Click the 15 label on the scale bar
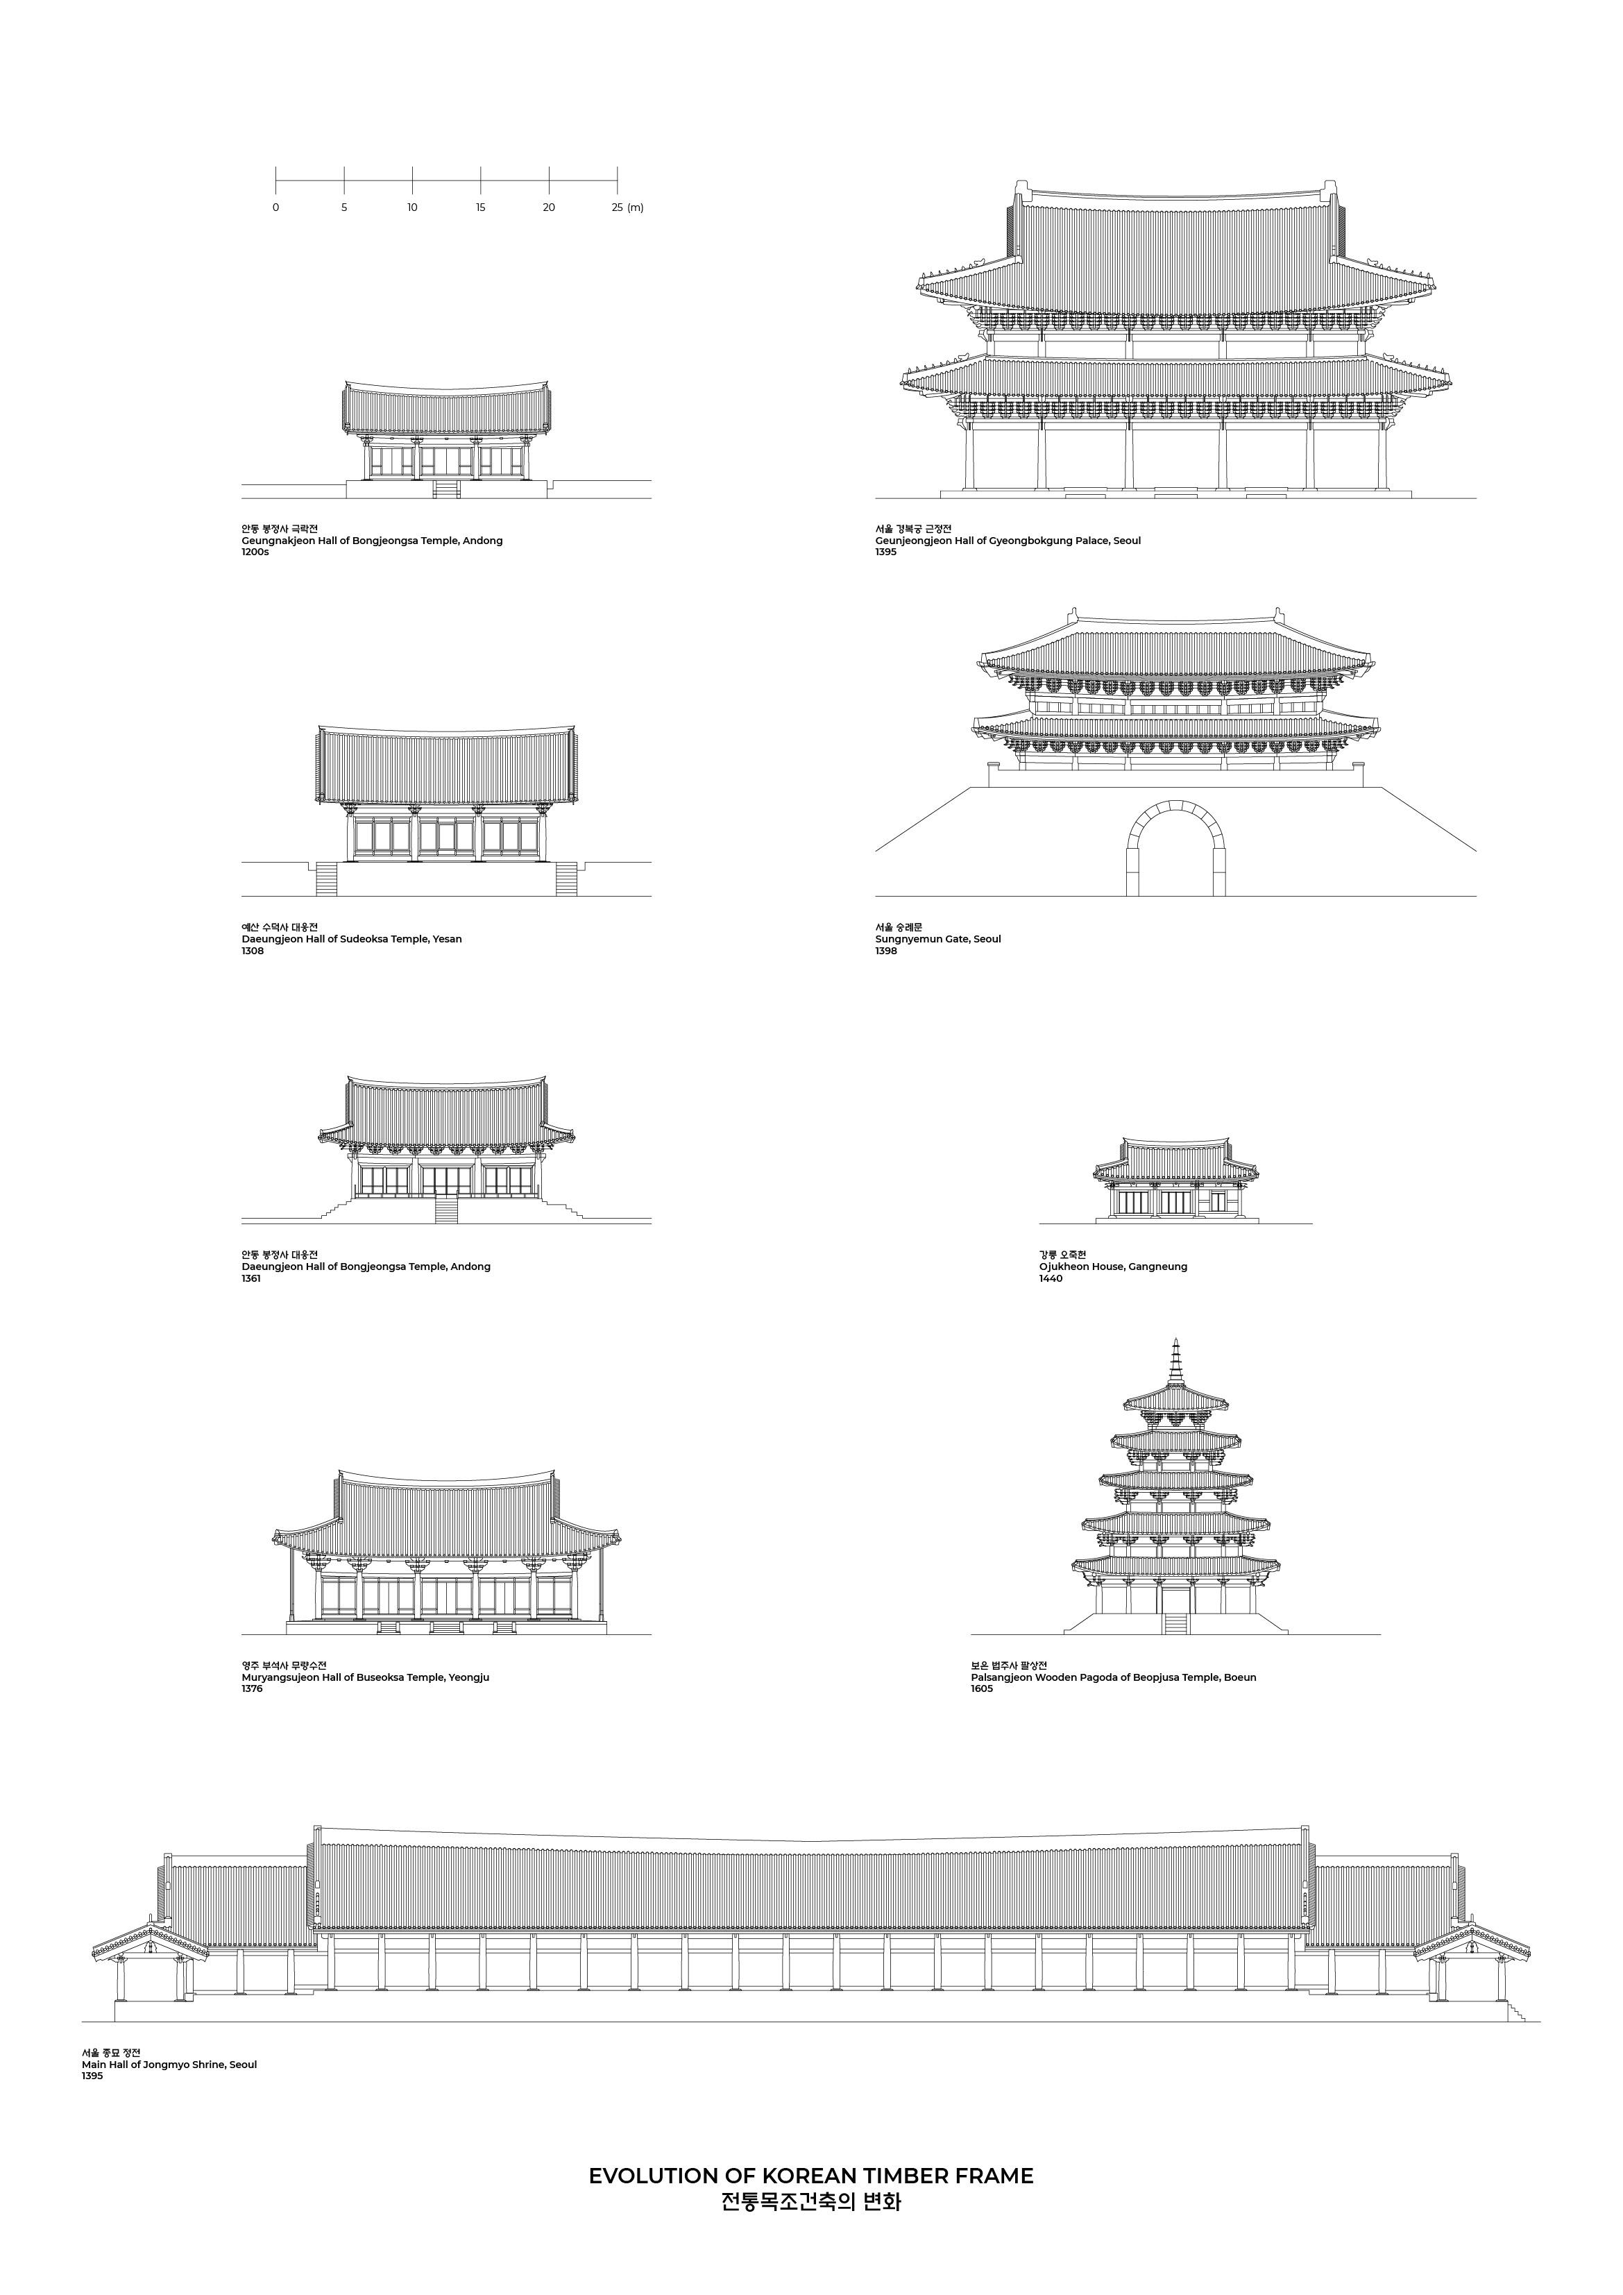point(481,208)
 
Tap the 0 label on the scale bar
point(276,208)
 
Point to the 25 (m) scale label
point(627,208)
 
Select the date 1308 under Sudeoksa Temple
point(253,951)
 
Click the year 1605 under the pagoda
point(981,1689)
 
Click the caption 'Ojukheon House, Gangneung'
point(1112,1267)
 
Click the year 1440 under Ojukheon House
point(1051,1278)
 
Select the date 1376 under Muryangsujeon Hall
point(252,1689)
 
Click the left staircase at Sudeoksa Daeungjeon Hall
point(327,879)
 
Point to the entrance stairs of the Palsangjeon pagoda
point(1175,1623)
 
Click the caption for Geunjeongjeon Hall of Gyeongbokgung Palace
point(1008,541)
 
